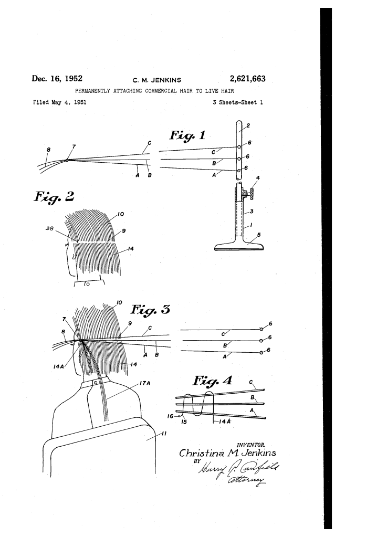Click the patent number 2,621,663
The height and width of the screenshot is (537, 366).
pos(248,79)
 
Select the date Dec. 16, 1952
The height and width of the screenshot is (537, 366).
pos(57,78)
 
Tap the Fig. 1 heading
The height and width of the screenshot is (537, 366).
pos(187,135)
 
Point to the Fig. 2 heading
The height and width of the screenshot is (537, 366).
pos(54,197)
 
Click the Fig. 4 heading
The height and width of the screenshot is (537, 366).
pos(213,381)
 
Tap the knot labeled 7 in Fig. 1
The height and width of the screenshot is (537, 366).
pos(66,160)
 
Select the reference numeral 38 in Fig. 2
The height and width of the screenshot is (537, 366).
pos(49,228)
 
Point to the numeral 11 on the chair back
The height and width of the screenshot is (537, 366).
pos(164,434)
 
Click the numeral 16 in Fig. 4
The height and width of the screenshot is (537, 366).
pos(170,416)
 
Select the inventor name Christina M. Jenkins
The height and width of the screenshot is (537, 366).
pos(227,453)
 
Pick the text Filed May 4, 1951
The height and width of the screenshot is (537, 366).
pos(60,102)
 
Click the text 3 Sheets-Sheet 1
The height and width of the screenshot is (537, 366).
pos(238,102)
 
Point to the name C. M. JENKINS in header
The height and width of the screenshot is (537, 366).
pos(156,80)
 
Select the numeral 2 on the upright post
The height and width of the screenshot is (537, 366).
pos(248,125)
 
